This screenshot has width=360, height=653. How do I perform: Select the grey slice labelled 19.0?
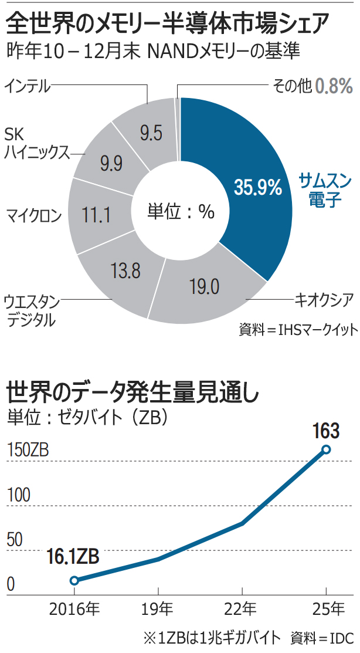click(205, 287)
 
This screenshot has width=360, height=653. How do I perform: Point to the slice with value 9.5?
click(151, 133)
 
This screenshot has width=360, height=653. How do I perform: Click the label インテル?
click(28, 86)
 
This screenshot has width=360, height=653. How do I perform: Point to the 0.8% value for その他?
click(334, 86)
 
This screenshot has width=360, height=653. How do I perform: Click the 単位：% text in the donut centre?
click(181, 212)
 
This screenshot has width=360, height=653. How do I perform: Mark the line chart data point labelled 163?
click(326, 450)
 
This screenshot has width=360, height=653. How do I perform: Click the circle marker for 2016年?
click(74, 581)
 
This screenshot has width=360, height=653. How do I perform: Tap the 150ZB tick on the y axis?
click(28, 452)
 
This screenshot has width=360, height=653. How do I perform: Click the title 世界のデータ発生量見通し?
click(133, 391)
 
